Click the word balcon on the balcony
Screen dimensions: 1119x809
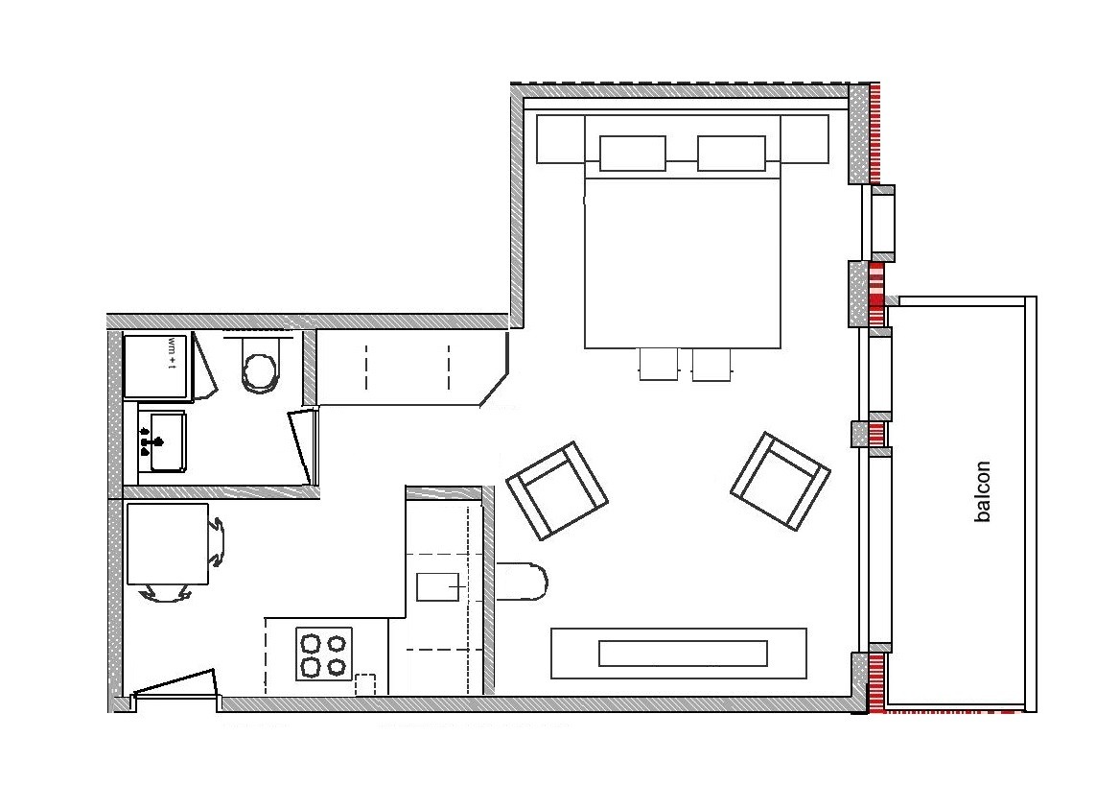point(983,491)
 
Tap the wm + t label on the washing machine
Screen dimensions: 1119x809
point(172,353)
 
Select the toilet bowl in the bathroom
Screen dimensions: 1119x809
point(260,366)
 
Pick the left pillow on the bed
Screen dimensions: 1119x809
point(632,154)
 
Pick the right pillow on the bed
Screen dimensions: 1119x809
point(731,154)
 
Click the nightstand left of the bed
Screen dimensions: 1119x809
point(560,138)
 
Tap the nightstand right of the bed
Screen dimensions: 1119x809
point(804,138)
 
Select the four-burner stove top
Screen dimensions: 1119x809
point(324,654)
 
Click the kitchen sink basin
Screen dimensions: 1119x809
point(437,586)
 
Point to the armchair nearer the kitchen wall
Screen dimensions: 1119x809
point(557,490)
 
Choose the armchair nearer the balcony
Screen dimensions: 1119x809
point(780,481)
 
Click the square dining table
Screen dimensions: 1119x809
point(168,544)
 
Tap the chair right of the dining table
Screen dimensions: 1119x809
point(217,542)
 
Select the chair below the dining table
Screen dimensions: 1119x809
point(166,593)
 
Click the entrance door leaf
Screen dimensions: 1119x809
point(175,682)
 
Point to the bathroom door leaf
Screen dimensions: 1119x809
point(303,445)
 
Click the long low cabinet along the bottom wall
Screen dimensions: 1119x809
point(679,654)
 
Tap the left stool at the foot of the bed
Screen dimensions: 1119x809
point(659,364)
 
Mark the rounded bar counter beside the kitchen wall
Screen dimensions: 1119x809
point(521,581)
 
